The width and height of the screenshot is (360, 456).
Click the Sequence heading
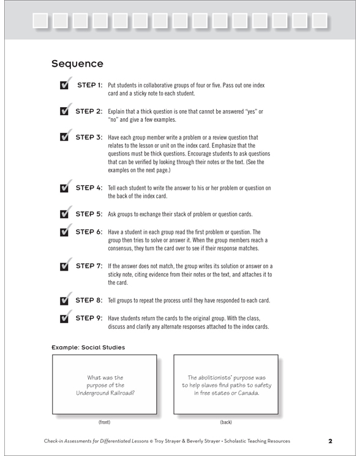click(78, 63)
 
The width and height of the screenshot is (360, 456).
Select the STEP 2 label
click(88, 112)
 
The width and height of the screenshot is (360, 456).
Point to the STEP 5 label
click(88, 215)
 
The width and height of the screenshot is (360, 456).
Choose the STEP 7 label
click(88, 266)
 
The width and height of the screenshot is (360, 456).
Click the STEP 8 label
click(88, 301)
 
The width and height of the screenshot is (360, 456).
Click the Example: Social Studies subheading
click(88, 347)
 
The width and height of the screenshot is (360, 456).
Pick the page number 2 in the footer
click(329, 441)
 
